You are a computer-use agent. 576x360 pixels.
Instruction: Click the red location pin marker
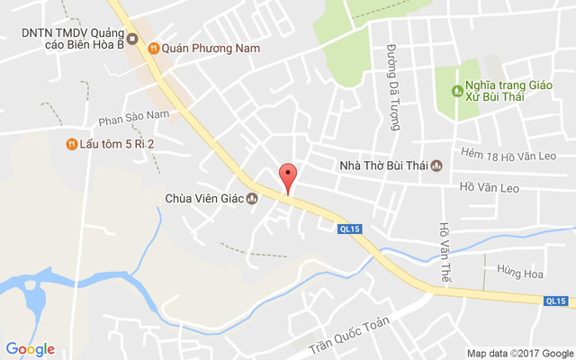point(287,176)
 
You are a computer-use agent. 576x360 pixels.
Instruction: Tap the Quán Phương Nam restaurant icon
point(154,48)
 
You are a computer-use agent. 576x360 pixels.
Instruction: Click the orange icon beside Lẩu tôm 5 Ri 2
point(71,144)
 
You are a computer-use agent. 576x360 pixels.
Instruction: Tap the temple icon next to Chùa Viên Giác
point(252,199)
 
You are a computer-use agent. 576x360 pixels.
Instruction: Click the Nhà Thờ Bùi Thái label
point(383,165)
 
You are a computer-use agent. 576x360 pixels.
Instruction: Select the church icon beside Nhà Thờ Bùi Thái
point(436,165)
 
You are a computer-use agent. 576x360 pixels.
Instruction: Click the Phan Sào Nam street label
point(134,115)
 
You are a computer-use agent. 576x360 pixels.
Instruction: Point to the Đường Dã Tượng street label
point(393,87)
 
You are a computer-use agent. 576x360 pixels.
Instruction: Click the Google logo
point(30,349)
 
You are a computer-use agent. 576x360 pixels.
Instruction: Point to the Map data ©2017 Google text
point(519,353)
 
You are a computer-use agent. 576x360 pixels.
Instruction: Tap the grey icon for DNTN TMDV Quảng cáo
point(132,39)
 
